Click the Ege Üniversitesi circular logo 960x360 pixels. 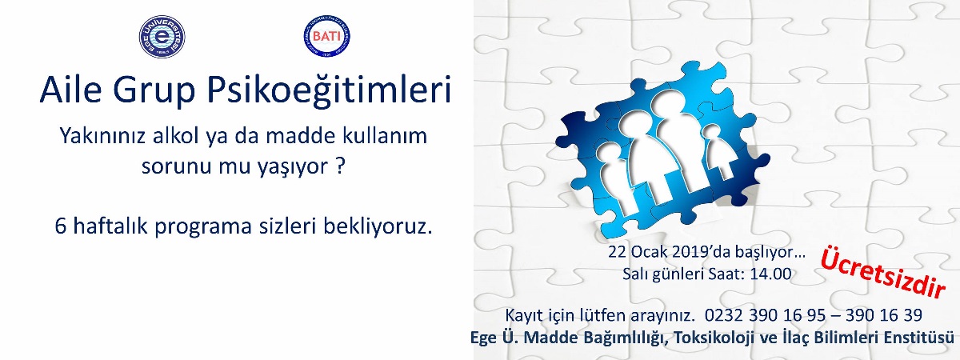tap(162, 37)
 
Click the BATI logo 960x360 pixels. tap(326, 37)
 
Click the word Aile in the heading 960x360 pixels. tap(70, 90)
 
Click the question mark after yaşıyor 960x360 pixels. tap(339, 166)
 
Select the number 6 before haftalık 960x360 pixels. tap(61, 226)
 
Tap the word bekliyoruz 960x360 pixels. tap(378, 226)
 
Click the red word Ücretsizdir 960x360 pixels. tap(883, 272)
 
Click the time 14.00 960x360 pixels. tap(770, 274)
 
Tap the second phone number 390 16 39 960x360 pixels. tap(884, 315)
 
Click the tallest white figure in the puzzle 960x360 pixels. tap(667, 146)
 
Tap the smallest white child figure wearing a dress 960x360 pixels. tap(718, 151)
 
